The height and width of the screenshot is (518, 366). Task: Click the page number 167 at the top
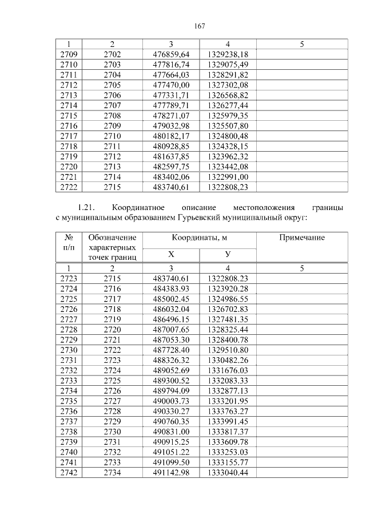click(200, 26)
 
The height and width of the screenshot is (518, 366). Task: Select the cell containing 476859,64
click(171, 54)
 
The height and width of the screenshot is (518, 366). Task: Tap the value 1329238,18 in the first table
click(228, 54)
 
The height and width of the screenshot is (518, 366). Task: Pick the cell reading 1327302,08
click(228, 85)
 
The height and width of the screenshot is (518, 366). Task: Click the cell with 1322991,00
click(228, 176)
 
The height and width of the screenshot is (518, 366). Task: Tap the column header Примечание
click(301, 238)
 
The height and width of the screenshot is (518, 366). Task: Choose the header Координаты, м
click(199, 238)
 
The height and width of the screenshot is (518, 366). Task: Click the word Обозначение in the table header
click(112, 238)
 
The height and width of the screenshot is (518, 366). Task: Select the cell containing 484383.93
click(171, 289)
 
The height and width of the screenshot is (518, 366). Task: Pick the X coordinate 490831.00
click(171, 432)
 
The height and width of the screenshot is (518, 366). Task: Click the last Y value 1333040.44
click(228, 473)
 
